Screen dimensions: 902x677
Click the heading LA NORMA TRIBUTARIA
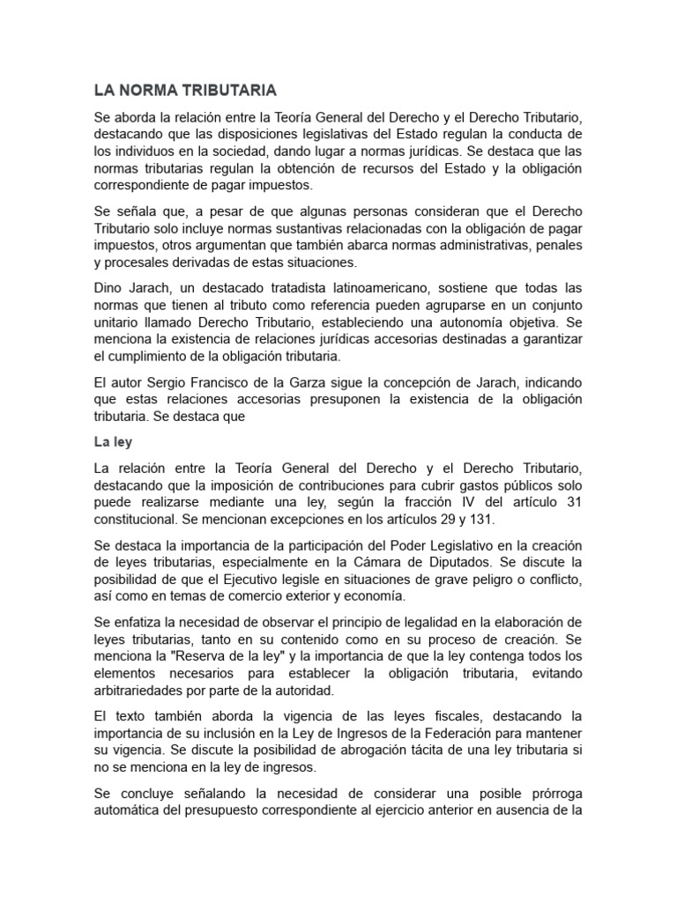coord(185,90)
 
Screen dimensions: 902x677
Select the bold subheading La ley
coord(112,440)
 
